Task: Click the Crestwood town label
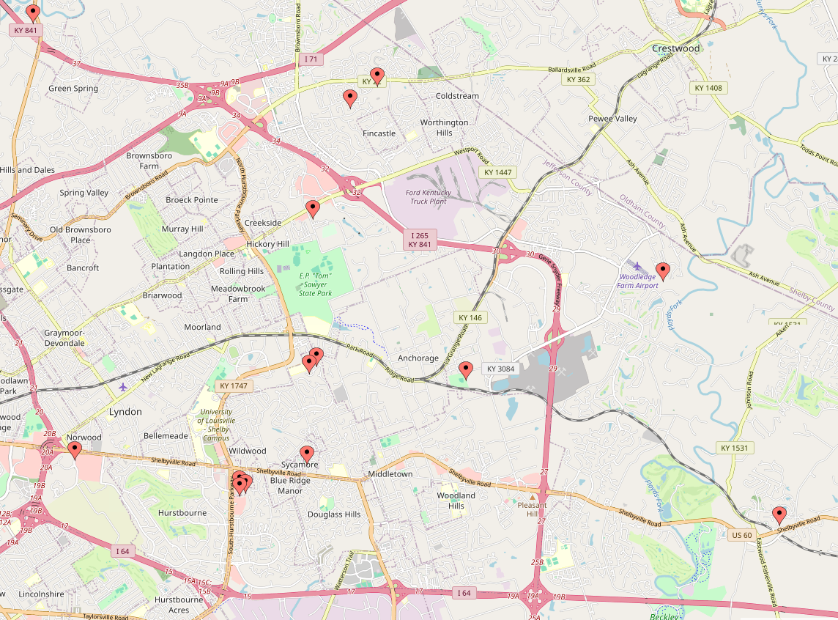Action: [675, 48]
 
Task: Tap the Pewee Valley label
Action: [612, 119]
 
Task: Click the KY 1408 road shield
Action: [708, 88]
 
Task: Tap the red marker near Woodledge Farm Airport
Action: [663, 272]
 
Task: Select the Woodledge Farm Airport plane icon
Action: [637, 265]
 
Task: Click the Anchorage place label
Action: [418, 358]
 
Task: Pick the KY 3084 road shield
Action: [501, 369]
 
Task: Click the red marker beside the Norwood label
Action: [74, 451]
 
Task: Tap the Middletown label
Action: [390, 474]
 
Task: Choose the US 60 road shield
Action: [741, 535]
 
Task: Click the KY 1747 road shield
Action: [234, 385]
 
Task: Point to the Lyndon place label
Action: [125, 412]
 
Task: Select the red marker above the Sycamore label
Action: [307, 454]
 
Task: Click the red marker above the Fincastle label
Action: [350, 98]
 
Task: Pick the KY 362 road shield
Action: [577, 79]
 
